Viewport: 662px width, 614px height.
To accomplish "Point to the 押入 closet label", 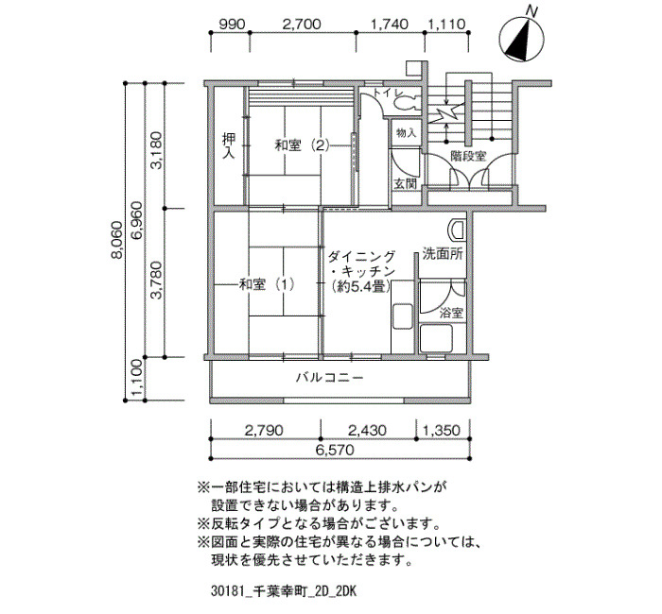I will (x=228, y=145).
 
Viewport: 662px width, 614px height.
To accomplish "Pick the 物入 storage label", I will (x=405, y=134).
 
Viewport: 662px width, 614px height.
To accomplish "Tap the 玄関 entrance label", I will (x=405, y=182).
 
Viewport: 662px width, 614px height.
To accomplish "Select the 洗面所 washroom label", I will (x=442, y=254).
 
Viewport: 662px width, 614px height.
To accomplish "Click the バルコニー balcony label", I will (x=329, y=377).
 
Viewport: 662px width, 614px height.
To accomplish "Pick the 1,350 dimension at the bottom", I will (x=441, y=431).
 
